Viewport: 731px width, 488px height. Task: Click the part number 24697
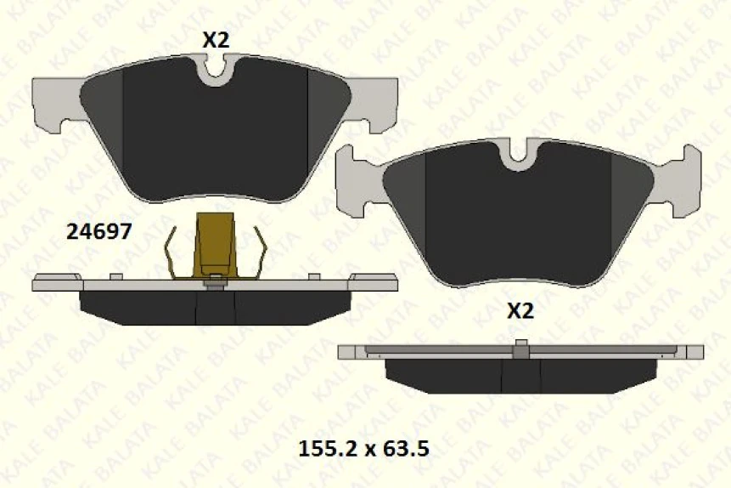(x=98, y=231)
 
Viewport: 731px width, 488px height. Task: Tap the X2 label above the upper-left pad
(x=216, y=40)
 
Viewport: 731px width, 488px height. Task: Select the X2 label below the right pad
(x=520, y=310)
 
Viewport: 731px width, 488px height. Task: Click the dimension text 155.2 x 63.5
(x=363, y=449)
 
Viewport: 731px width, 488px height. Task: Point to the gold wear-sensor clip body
(x=215, y=244)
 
